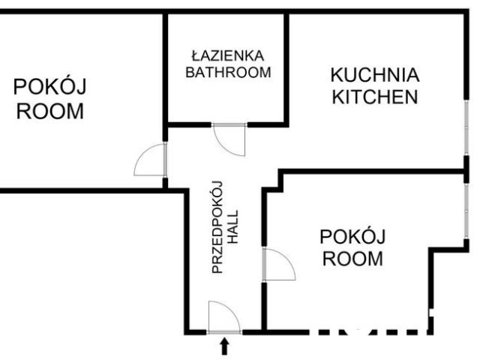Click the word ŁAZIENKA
coord(227,55)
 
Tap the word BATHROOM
coord(227,73)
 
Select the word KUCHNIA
coord(375,76)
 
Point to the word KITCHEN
coord(375,97)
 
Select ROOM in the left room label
coord(50,112)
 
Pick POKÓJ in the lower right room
coord(352,238)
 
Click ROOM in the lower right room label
coord(352,260)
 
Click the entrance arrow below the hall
coord(223,346)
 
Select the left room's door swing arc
coord(149,160)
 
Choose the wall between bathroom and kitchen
coord(286,67)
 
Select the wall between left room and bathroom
coord(164,67)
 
